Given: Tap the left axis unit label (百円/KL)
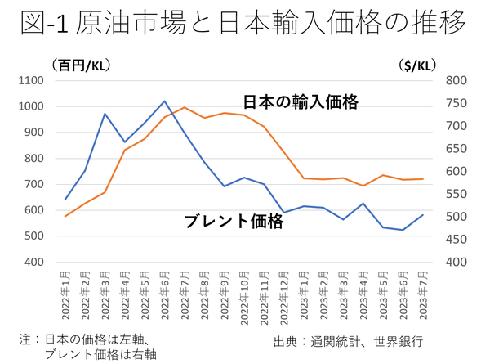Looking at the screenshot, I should pyautogui.click(x=81, y=65).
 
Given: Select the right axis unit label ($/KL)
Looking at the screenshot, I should pyautogui.click(x=421, y=65).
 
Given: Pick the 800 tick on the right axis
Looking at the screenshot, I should pyautogui.click(x=456, y=80).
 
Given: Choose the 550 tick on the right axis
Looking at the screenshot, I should pyautogui.click(x=456, y=194).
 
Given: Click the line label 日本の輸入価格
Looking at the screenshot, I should pyautogui.click(x=301, y=103).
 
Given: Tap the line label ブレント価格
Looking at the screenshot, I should pyautogui.click(x=234, y=221).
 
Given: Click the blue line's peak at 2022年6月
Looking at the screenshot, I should pyautogui.click(x=164, y=101).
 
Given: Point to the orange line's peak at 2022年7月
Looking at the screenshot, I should pyautogui.click(x=185, y=107).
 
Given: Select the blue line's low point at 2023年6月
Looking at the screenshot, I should pyautogui.click(x=403, y=230).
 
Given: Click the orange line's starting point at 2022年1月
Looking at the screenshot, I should pyautogui.click(x=65, y=217).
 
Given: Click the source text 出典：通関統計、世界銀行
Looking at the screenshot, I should pyautogui.click(x=353, y=340).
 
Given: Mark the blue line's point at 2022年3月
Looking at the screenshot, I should pyautogui.click(x=105, y=114).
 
